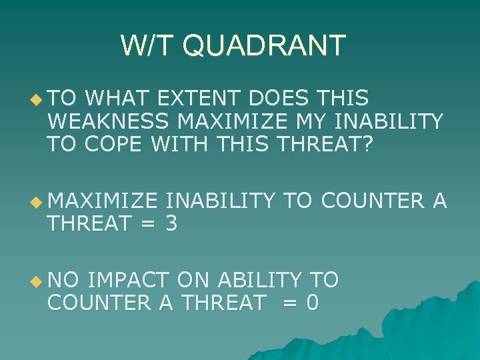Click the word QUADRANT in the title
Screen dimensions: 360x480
[x=263, y=45]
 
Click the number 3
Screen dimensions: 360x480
[x=171, y=223]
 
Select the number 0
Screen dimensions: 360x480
[x=312, y=303]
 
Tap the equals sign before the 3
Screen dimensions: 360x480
[x=147, y=223]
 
